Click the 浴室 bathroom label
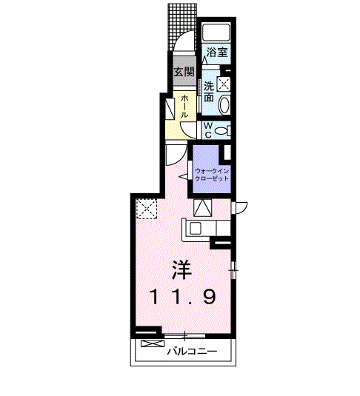pyautogui.click(x=217, y=53)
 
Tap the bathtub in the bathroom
pyautogui.click(x=216, y=32)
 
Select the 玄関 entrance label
pyautogui.click(x=184, y=72)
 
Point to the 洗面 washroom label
pyautogui.click(x=209, y=92)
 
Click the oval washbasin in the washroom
pyautogui.click(x=224, y=105)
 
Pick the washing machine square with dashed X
pyautogui.click(x=224, y=84)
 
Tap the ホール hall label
pyautogui.click(x=184, y=106)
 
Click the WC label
pyautogui.click(x=208, y=130)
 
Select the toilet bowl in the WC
pyautogui.click(x=221, y=131)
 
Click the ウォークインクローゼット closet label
pyautogui.click(x=212, y=175)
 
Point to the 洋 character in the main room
pyautogui.click(x=181, y=269)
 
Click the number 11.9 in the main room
pyautogui.click(x=183, y=297)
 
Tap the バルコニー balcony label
pyautogui.click(x=192, y=352)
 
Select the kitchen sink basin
pyautogui.click(x=196, y=229)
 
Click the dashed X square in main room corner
pyautogui.click(x=147, y=208)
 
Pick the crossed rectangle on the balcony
pyautogui.click(x=153, y=343)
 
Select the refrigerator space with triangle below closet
pyautogui.click(x=202, y=207)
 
